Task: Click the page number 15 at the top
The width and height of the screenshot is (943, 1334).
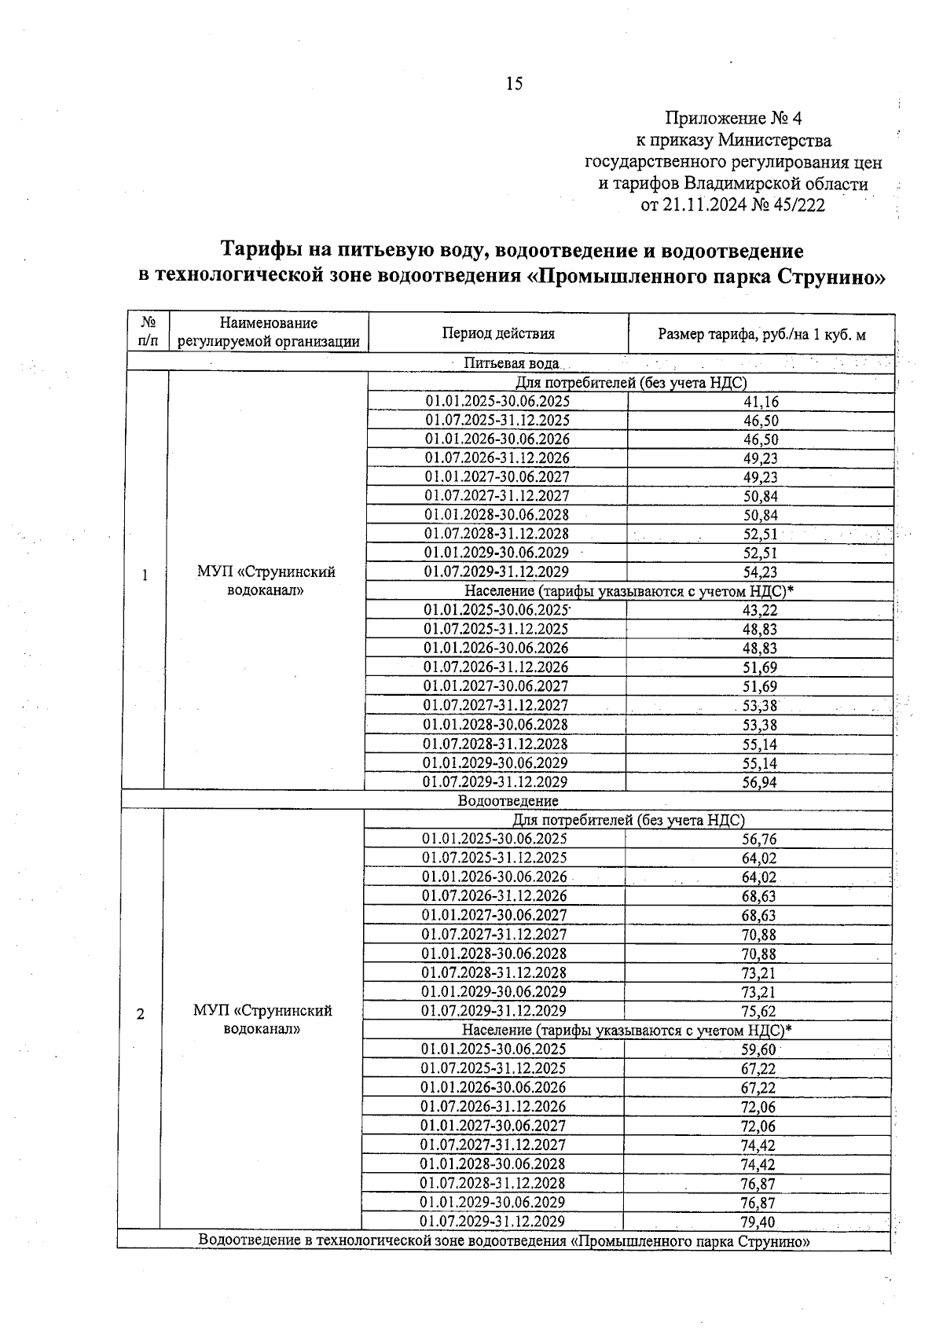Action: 514,84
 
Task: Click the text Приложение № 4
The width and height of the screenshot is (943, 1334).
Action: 733,119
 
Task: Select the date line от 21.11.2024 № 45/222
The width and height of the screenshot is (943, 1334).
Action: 733,206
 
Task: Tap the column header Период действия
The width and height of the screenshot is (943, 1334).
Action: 498,333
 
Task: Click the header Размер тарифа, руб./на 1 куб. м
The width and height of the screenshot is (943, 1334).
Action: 761,334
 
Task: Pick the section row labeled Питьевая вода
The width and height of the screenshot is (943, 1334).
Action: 512,363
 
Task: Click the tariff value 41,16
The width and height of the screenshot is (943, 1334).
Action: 761,402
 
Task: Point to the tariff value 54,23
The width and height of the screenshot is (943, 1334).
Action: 761,572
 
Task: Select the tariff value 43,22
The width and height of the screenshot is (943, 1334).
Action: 760,611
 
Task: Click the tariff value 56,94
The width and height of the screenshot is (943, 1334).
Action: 759,782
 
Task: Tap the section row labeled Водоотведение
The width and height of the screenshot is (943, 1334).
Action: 508,801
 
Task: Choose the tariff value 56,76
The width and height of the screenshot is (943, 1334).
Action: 759,840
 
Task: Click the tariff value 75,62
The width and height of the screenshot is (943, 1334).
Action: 758,1012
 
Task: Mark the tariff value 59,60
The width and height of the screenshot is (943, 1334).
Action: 758,1049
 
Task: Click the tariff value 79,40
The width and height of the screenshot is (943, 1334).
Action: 758,1222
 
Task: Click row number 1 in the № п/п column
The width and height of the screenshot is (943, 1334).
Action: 145,575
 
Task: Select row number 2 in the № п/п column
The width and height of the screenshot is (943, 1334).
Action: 141,1014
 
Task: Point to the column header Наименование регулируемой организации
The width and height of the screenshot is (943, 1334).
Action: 269,333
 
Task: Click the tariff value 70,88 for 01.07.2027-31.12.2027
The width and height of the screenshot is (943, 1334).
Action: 758,935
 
